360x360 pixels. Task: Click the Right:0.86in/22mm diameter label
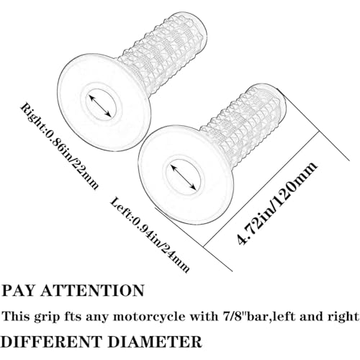(x=60, y=146)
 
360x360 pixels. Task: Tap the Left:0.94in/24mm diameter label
(x=150, y=235)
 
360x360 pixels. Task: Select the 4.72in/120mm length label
(x=276, y=203)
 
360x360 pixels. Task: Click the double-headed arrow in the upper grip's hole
(x=100, y=106)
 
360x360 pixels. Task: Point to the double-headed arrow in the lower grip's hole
(x=183, y=176)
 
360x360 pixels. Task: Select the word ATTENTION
(x=92, y=291)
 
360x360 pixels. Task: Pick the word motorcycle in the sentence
(x=148, y=317)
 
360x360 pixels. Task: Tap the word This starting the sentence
(x=16, y=316)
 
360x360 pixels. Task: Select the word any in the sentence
(x=96, y=318)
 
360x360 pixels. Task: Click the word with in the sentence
(x=203, y=316)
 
